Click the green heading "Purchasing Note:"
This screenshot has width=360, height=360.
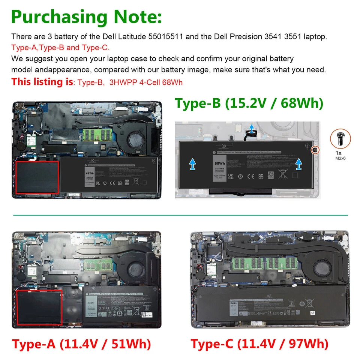click(x=87, y=17)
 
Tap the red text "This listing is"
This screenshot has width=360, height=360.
click(x=42, y=81)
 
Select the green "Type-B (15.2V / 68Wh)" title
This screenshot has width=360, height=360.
click(x=249, y=103)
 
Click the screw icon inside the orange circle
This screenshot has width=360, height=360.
click(x=340, y=138)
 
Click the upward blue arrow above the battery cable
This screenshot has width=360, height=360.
click(x=251, y=127)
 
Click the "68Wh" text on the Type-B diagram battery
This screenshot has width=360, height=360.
click(x=220, y=163)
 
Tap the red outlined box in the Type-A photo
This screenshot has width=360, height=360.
click(x=40, y=307)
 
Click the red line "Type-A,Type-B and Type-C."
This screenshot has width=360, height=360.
click(x=60, y=48)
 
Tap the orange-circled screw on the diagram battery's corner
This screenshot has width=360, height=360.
click(x=315, y=150)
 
